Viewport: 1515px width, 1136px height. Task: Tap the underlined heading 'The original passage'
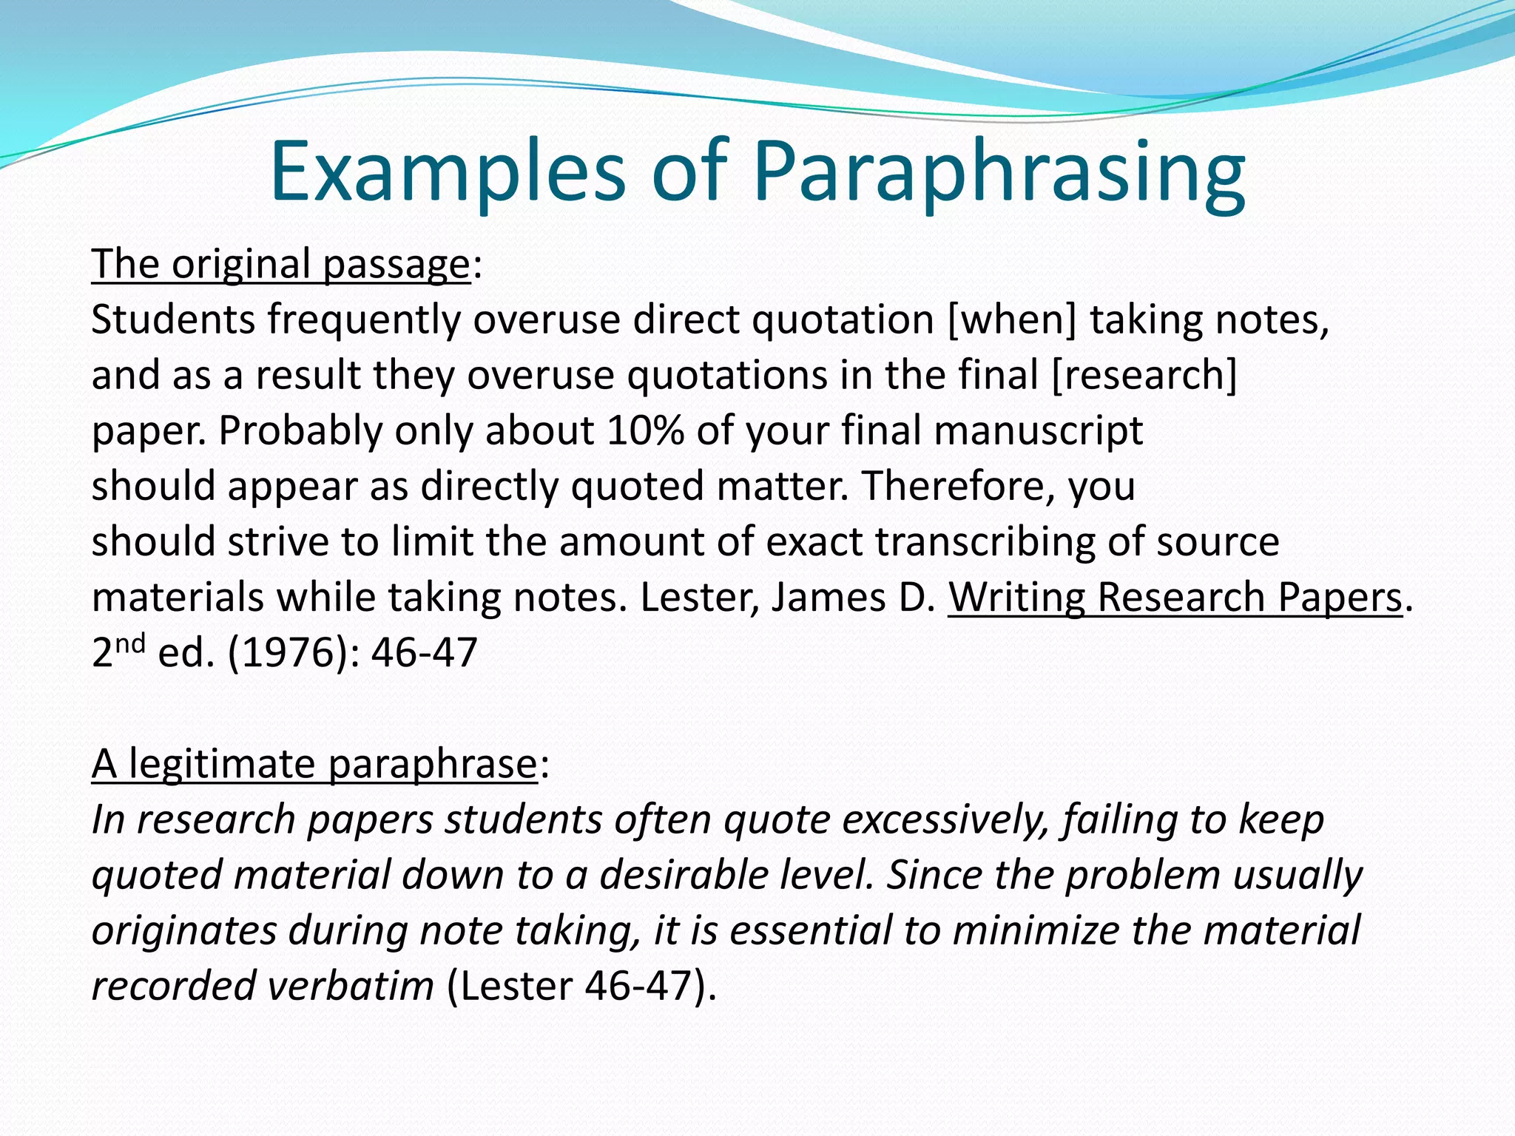tap(280, 264)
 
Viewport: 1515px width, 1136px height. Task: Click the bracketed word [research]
tap(1144, 376)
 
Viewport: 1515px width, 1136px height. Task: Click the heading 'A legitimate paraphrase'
tap(314, 764)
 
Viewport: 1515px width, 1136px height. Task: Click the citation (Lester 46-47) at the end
tap(581, 987)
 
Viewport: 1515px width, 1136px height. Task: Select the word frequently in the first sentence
tap(363, 320)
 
